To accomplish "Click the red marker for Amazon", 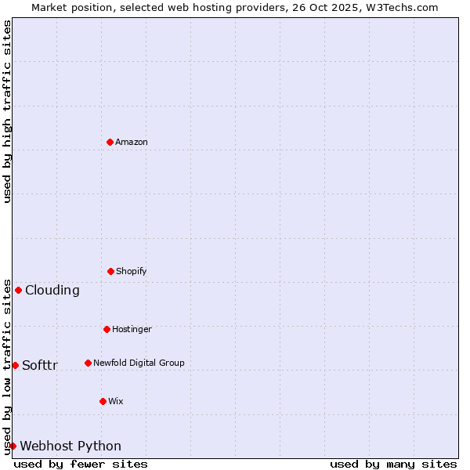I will point(110,142).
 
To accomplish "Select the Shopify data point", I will point(110,271).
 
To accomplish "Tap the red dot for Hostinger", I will point(107,329).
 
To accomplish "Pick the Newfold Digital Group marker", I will point(88,363).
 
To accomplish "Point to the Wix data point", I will point(103,401).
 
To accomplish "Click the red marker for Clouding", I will point(18,290).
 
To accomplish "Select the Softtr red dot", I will point(15,365).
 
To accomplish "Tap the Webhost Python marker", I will point(13,446).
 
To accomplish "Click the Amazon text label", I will point(132,142).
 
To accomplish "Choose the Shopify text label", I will point(132,271).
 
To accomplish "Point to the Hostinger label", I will point(132,329).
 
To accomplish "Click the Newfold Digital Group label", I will point(139,363).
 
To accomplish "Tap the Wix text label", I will point(116,401).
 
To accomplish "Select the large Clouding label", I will point(52,290).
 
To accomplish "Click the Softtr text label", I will point(40,365).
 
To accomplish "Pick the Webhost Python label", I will point(70,446).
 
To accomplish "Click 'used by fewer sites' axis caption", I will point(81,464).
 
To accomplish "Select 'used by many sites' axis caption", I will point(393,464).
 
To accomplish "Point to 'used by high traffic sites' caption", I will point(7,111).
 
